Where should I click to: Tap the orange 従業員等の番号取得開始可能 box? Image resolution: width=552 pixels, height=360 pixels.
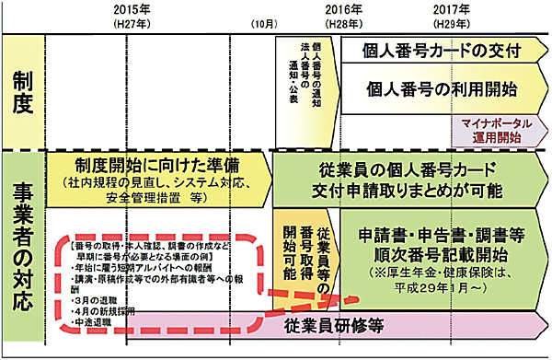tap(306, 249)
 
